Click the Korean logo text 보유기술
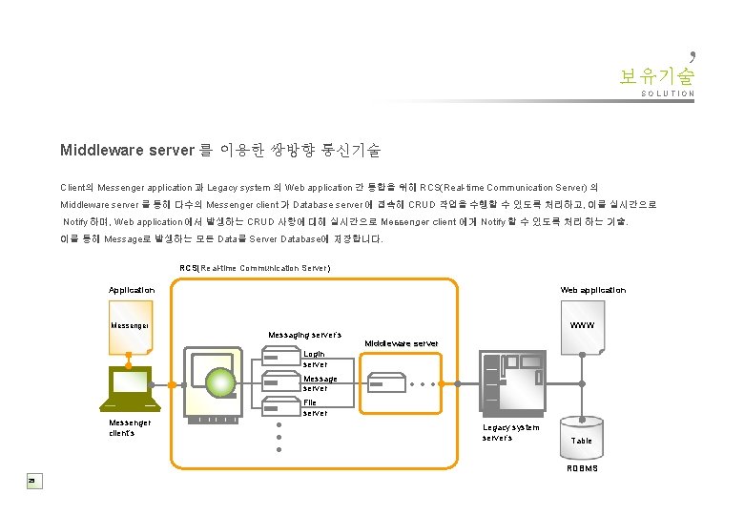(656, 74)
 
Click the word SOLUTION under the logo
(668, 94)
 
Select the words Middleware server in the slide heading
(126, 150)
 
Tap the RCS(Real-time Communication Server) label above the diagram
(255, 268)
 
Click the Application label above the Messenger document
(132, 290)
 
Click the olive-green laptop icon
(130, 385)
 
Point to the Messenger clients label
(130, 427)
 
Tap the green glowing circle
(220, 383)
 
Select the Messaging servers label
(304, 335)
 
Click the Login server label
(314, 359)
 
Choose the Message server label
(320, 383)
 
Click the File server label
(314, 408)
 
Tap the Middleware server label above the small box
(402, 342)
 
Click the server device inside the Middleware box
(389, 383)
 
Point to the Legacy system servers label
(510, 432)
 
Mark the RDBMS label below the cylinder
(582, 468)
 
